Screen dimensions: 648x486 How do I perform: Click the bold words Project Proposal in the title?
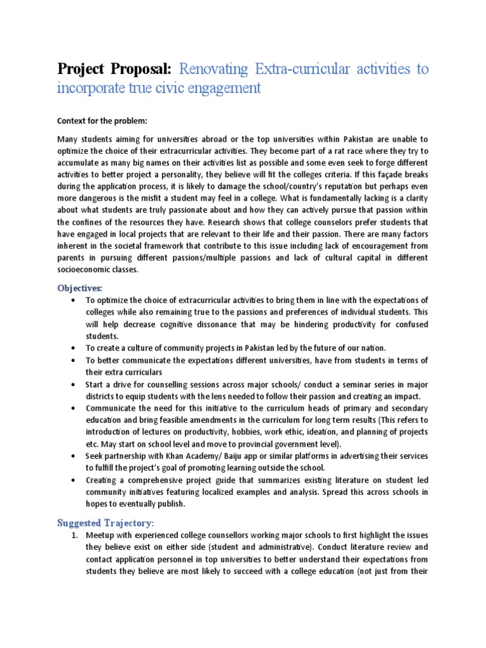click(115, 69)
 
